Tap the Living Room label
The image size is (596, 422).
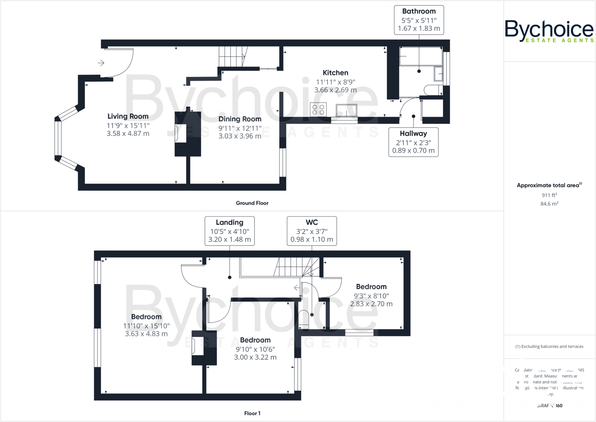pos(128,116)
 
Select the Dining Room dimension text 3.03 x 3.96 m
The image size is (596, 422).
pos(240,136)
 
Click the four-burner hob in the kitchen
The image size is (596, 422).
pos(318,110)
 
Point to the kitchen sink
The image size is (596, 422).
pos(346,110)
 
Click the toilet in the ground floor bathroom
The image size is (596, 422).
pos(432,90)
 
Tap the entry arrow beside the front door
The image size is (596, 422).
pos(101,63)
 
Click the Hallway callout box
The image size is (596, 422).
pos(413,142)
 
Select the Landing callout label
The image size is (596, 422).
pos(229,223)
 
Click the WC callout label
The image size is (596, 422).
pos(312,223)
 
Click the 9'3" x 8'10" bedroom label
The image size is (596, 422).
pos(371,287)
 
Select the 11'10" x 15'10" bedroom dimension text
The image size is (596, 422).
pos(146,326)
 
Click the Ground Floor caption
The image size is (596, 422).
pos(252,203)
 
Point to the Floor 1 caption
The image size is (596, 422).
pos(252,413)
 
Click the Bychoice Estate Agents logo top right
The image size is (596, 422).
pos(549,31)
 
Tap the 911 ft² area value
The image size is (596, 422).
pos(549,195)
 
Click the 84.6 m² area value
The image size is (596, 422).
pos(549,204)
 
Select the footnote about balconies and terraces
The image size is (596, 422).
pos(549,347)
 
